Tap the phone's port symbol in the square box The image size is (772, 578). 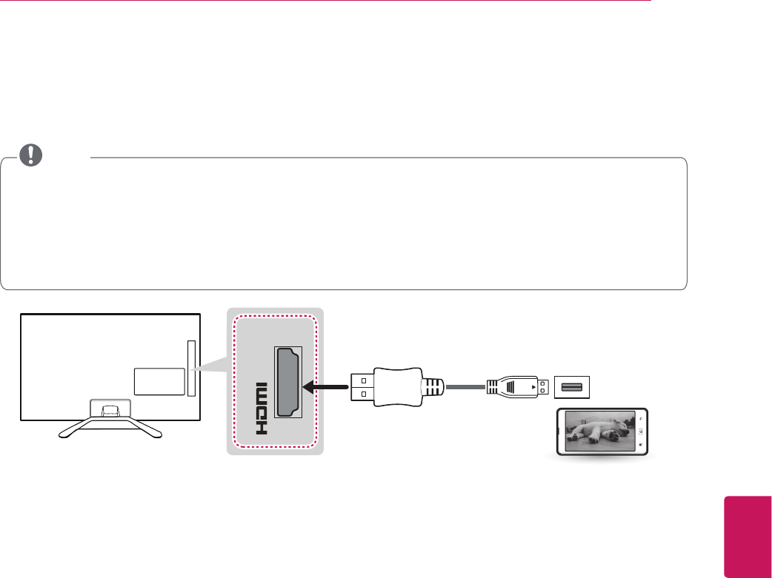pyautogui.click(x=570, y=386)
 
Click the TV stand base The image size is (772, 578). pyautogui.click(x=110, y=426)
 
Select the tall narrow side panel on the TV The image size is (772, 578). pyautogui.click(x=191, y=368)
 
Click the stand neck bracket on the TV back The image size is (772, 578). pyautogui.click(x=110, y=408)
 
